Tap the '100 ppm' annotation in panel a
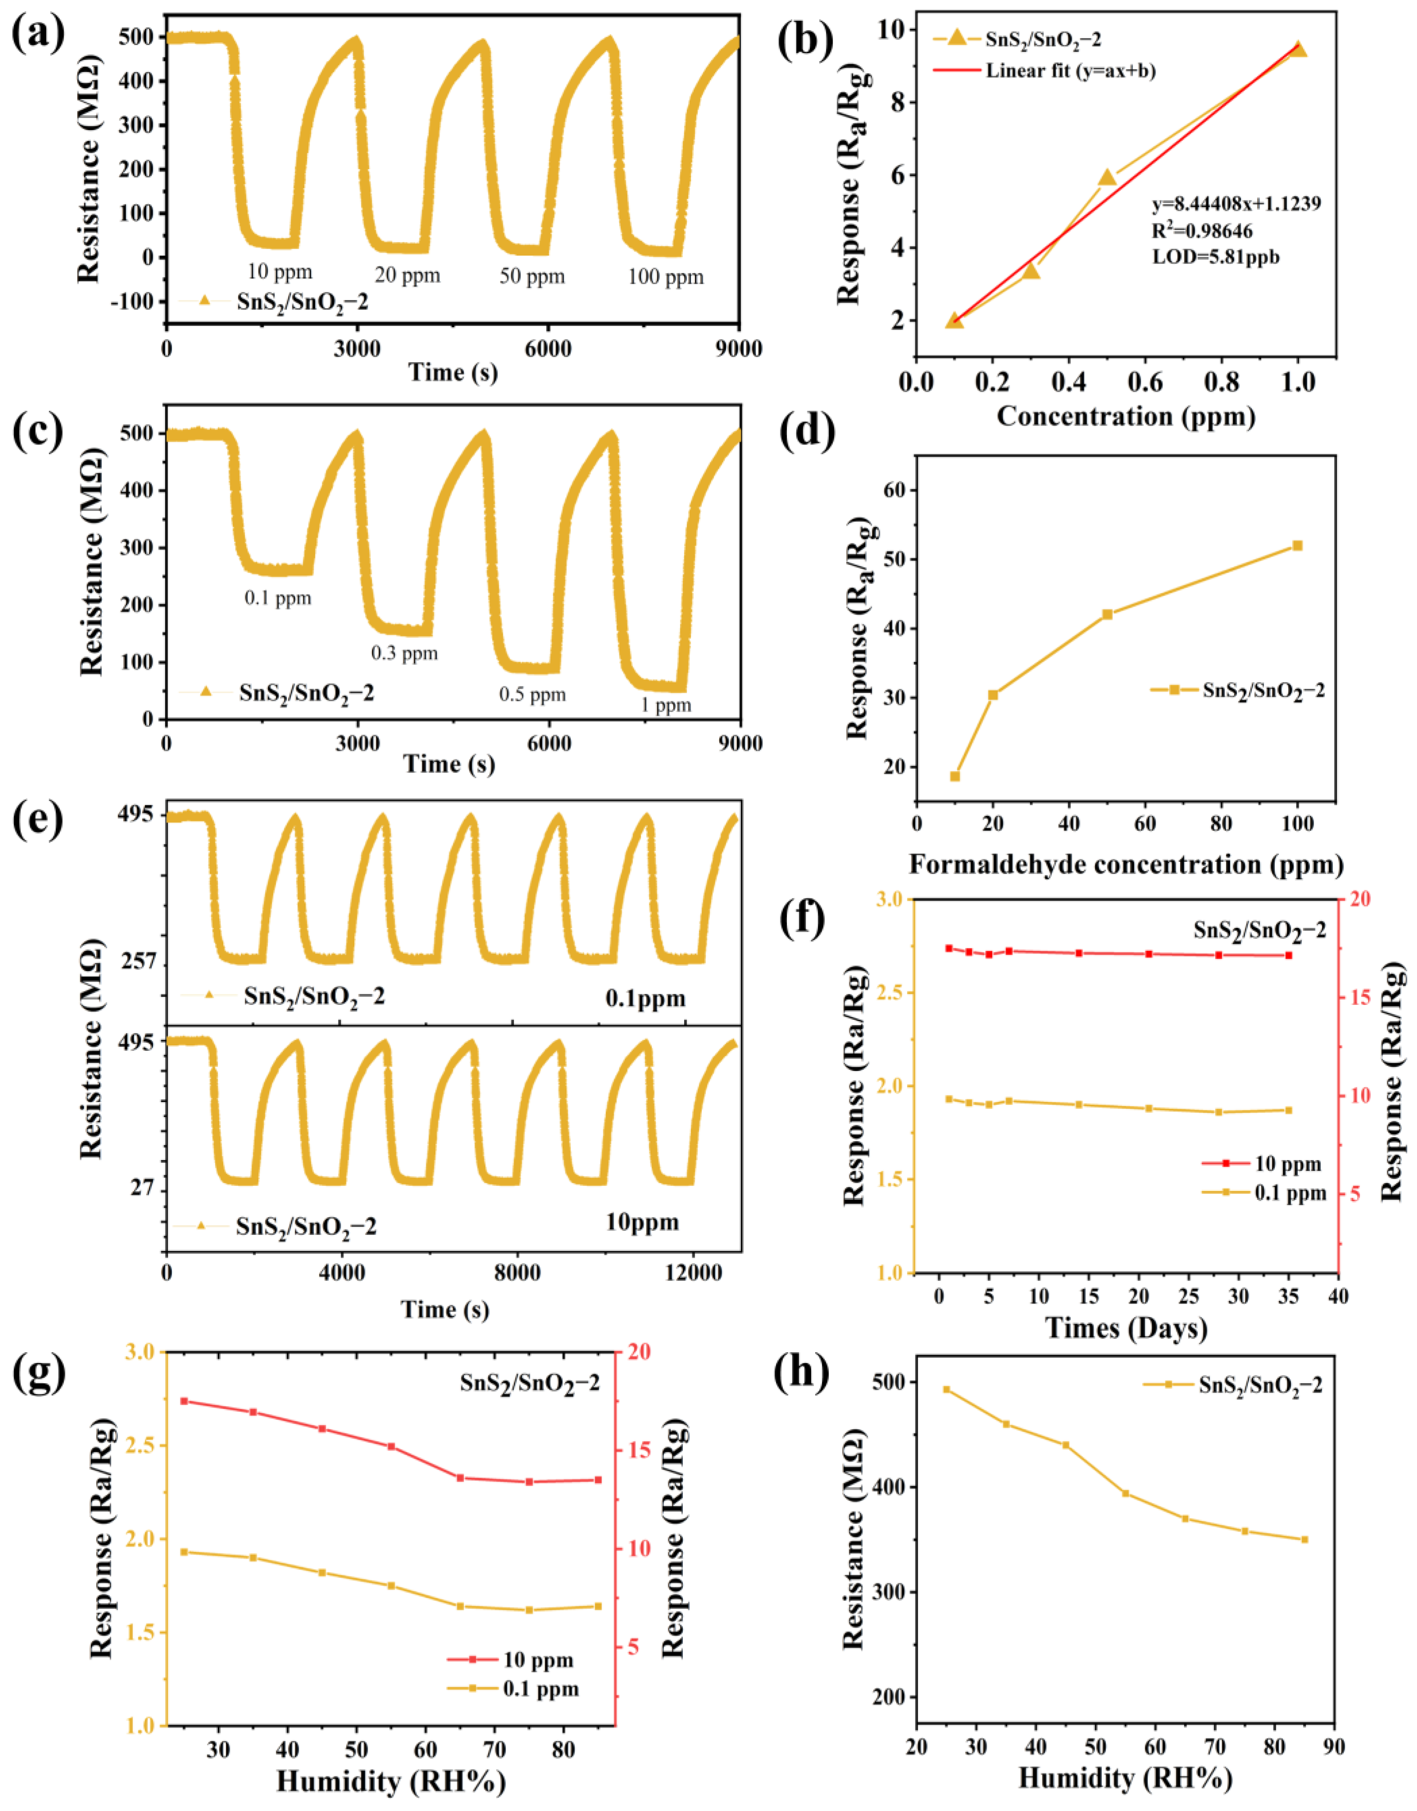[665, 277]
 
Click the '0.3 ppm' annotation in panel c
[404, 654]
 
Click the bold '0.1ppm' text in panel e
[645, 998]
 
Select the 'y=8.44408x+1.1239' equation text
[1235, 204]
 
